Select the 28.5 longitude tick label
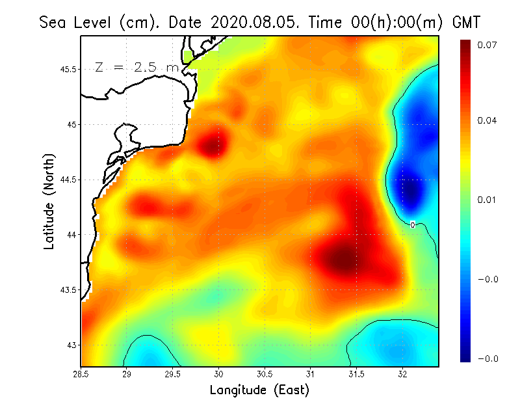coord(81,374)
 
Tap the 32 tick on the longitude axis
coord(403,374)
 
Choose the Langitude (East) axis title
coord(259,390)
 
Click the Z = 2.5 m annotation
coord(136,67)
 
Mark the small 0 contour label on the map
coord(413,224)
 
